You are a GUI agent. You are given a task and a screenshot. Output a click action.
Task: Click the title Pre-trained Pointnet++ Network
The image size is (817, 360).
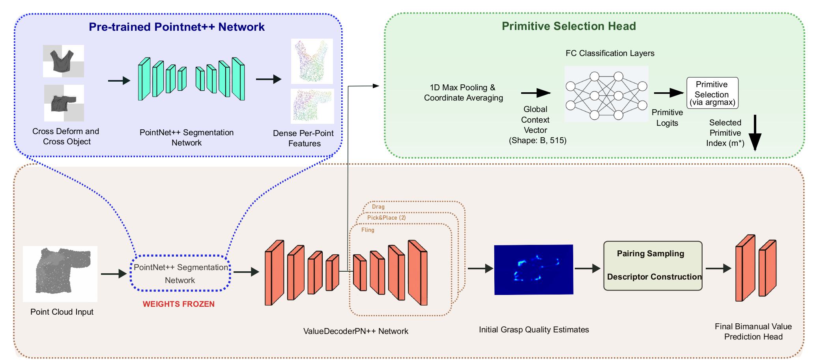tap(176, 27)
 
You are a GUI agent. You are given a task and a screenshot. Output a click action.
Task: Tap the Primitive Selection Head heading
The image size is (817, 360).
tap(568, 26)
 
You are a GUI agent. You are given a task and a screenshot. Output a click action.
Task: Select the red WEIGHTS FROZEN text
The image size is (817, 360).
tap(178, 304)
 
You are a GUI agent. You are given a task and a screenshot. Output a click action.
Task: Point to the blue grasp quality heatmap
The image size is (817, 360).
tap(533, 270)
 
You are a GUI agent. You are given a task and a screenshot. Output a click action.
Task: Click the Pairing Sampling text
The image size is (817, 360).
tap(650, 254)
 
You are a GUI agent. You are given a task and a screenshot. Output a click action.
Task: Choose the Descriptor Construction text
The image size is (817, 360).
tap(654, 277)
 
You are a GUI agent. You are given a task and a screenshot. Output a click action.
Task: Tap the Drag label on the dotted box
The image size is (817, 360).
tap(378, 207)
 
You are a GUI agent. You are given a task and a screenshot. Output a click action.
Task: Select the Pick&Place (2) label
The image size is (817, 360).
tap(386, 218)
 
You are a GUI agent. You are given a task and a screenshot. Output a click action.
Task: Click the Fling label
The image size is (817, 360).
tap(368, 230)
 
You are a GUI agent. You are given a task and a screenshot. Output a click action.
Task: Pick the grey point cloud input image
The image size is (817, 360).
tap(60, 274)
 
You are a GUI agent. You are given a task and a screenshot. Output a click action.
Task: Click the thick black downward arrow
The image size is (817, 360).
tap(754, 134)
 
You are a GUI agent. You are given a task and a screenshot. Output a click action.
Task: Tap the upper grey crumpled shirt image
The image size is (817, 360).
tap(64, 61)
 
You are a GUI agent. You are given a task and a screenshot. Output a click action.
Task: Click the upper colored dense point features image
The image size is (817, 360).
tap(312, 61)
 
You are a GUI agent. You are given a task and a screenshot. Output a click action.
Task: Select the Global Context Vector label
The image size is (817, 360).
tap(535, 119)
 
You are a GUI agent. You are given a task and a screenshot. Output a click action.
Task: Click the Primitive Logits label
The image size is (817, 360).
tap(667, 118)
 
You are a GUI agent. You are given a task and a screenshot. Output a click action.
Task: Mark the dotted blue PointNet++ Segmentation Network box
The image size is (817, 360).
tap(180, 274)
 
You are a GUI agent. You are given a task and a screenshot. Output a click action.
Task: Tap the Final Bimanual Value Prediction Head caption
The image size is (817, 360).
tap(753, 332)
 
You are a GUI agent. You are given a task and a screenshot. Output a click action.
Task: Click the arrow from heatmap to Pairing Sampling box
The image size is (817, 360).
tap(587, 269)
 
